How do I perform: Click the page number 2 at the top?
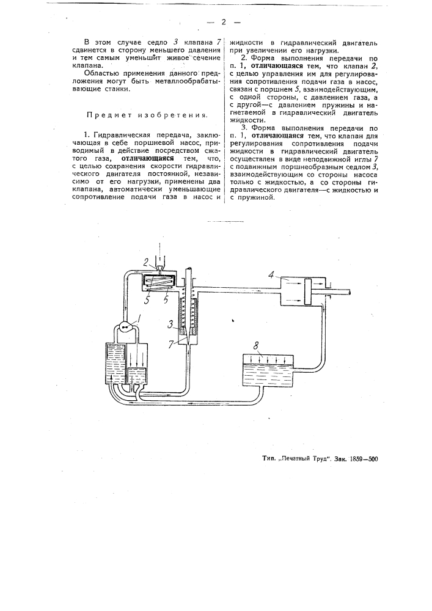coord(224,23)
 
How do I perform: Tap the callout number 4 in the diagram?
coord(270,276)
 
